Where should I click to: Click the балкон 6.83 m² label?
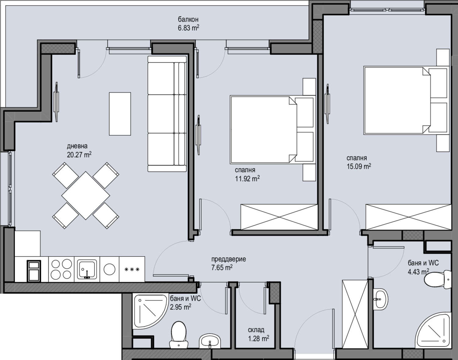188,24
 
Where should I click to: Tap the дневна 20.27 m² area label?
79,151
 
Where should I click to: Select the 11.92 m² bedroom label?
247,174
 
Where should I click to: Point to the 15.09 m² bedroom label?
358,162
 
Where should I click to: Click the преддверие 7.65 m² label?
228,264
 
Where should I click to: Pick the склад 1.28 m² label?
258,334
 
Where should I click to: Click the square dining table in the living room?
85,195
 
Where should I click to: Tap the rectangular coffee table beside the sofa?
120,114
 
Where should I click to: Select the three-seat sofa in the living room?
167,114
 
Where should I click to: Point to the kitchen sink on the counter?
87,269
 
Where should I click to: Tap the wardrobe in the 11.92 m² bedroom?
279,217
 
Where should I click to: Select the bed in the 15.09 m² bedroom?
406,100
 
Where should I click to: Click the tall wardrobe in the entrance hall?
354,313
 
